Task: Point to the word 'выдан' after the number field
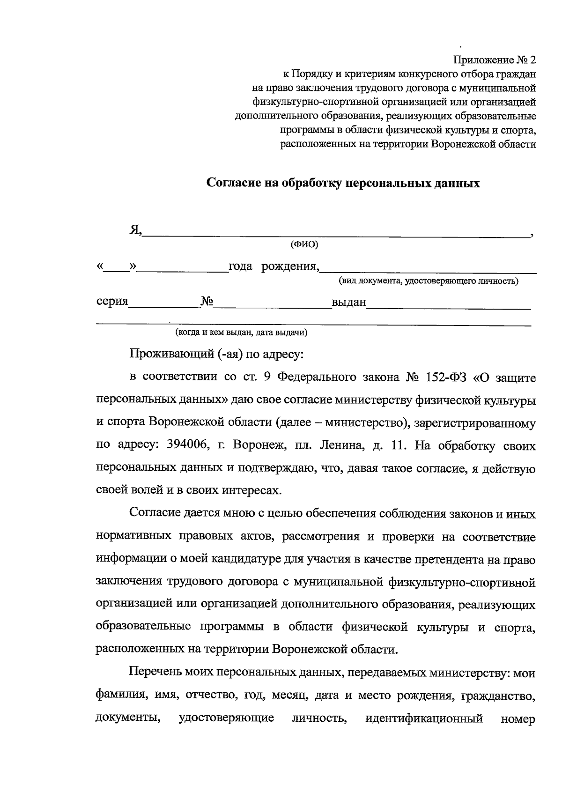tap(349, 302)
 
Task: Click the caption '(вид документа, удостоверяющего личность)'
tap(429, 281)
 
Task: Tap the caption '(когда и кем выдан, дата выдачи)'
tap(241, 333)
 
